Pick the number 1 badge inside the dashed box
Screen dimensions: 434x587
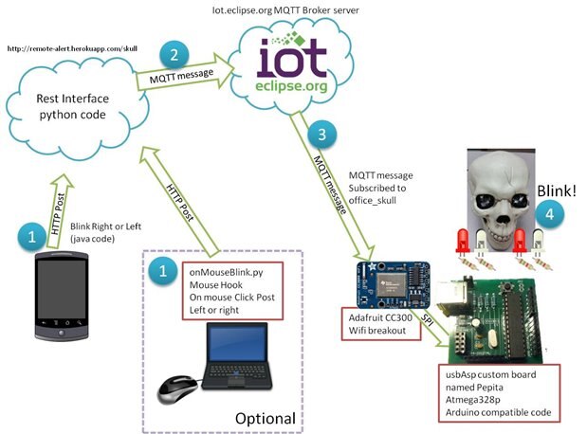[x=164, y=271]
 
